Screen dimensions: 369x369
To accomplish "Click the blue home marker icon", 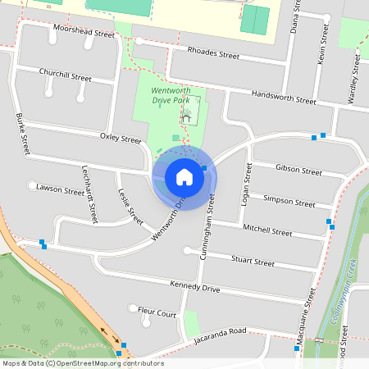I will [x=184, y=177].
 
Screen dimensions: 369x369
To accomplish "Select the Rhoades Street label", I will [x=212, y=56].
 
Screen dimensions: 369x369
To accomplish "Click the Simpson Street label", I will [x=289, y=202].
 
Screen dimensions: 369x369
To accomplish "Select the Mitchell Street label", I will [x=267, y=233].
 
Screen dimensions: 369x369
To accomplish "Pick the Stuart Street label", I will [x=252, y=262].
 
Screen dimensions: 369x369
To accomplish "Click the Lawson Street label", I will [x=60, y=190].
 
